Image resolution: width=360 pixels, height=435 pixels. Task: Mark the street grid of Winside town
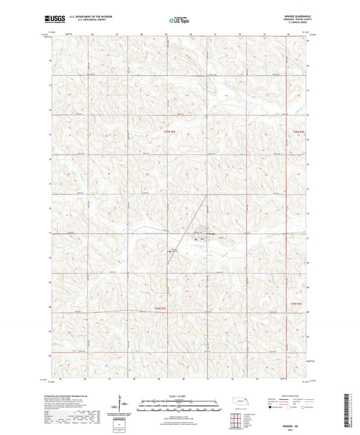tap(203, 232)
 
